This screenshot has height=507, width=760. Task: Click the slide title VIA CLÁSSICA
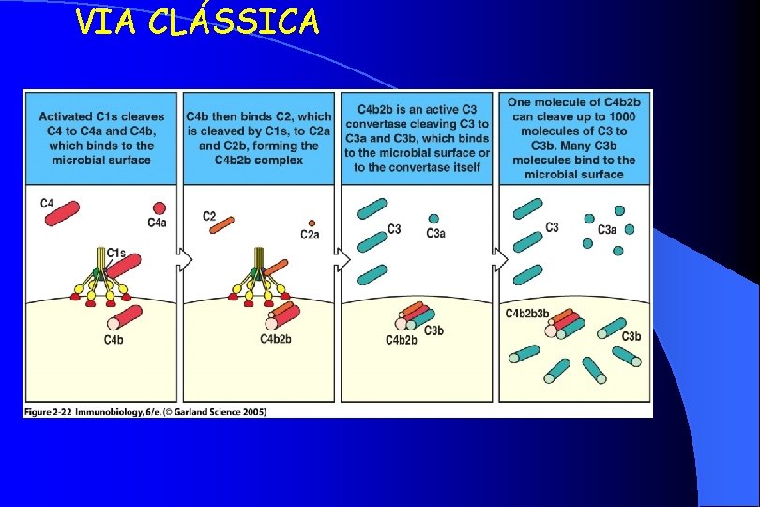click(x=197, y=21)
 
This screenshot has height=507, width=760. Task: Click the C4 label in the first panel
click(x=47, y=203)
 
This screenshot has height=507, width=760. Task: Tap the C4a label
click(x=158, y=223)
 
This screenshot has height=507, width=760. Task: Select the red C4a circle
click(x=159, y=208)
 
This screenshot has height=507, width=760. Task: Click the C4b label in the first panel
click(x=113, y=339)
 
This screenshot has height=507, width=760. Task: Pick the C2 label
click(x=209, y=216)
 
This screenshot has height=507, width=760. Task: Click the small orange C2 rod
click(x=221, y=225)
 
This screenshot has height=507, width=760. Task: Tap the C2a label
click(x=310, y=235)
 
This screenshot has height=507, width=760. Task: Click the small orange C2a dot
click(x=311, y=223)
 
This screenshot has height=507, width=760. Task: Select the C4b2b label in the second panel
click(x=276, y=339)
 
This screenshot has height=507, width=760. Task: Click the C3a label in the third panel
click(x=436, y=233)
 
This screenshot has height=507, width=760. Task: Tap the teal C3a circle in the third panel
click(x=433, y=218)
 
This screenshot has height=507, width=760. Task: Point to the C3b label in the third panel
click(x=433, y=330)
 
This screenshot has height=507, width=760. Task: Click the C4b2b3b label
click(x=527, y=313)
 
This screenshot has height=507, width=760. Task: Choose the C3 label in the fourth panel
click(x=552, y=227)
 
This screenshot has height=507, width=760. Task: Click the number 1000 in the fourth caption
click(x=621, y=117)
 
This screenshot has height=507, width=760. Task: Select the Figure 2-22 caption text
click(x=145, y=411)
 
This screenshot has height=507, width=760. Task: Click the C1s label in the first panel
click(x=116, y=253)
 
